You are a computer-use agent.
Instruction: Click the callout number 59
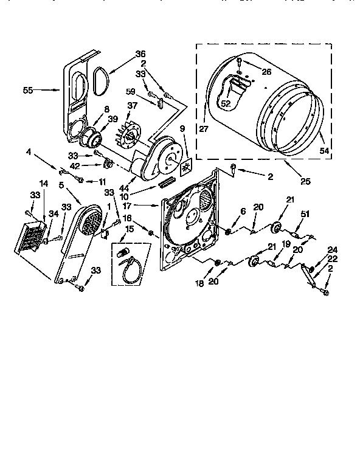[130, 92]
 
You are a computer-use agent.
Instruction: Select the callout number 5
[61, 185]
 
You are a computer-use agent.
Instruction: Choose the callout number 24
[332, 249]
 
